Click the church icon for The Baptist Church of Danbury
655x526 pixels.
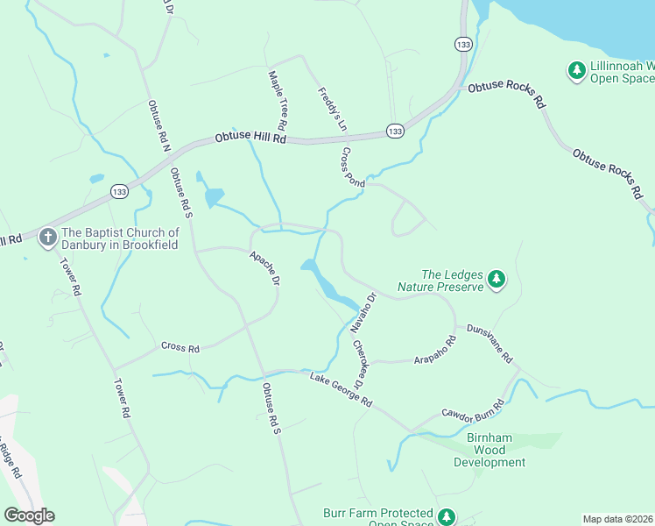point(48,238)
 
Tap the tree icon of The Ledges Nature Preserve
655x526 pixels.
point(497,279)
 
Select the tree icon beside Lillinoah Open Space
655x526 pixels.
point(576,70)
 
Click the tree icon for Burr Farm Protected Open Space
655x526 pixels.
point(447,517)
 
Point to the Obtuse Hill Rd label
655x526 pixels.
point(251,139)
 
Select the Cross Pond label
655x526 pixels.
point(353,167)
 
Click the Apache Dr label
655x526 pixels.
point(264,269)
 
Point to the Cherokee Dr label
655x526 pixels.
point(359,364)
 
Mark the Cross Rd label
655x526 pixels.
point(180,348)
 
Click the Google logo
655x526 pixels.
point(29,515)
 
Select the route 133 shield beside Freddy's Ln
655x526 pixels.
point(395,131)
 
